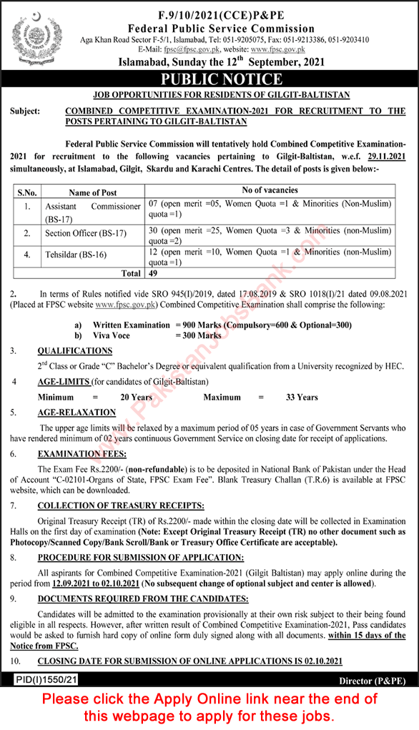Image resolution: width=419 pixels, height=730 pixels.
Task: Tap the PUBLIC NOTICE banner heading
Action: click(209, 78)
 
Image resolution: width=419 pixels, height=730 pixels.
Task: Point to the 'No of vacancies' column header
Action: click(270, 191)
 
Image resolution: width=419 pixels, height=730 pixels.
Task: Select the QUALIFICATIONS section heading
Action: click(75, 351)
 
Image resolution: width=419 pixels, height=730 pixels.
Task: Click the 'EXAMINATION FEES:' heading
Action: click(82, 454)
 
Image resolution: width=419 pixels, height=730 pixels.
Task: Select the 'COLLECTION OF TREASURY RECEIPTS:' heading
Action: click(121, 505)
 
